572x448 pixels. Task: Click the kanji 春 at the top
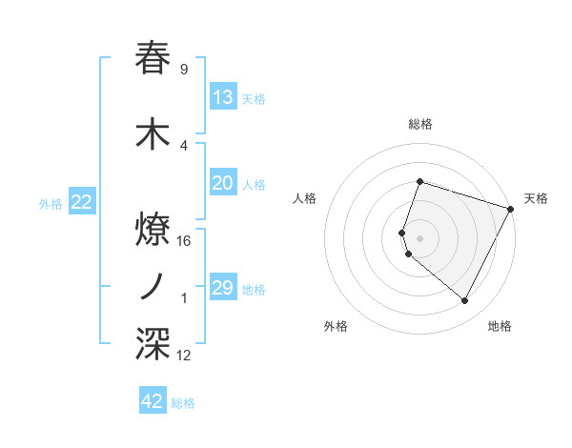point(153,58)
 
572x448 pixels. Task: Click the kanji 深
point(153,344)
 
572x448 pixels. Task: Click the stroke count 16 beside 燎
point(185,240)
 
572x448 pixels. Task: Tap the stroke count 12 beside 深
point(185,356)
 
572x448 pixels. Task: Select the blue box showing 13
point(223,97)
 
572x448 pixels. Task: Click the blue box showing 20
point(223,183)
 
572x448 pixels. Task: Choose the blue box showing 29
point(223,288)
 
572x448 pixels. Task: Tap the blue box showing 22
point(82,202)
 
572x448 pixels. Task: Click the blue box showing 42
point(153,401)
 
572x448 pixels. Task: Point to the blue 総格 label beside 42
point(183,403)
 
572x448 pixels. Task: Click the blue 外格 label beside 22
point(51,204)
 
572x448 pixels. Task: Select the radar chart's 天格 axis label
point(536,198)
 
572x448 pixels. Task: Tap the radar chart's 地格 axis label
point(500,326)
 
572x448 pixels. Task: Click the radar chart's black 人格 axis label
point(304,198)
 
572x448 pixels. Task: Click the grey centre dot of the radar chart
point(419,237)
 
